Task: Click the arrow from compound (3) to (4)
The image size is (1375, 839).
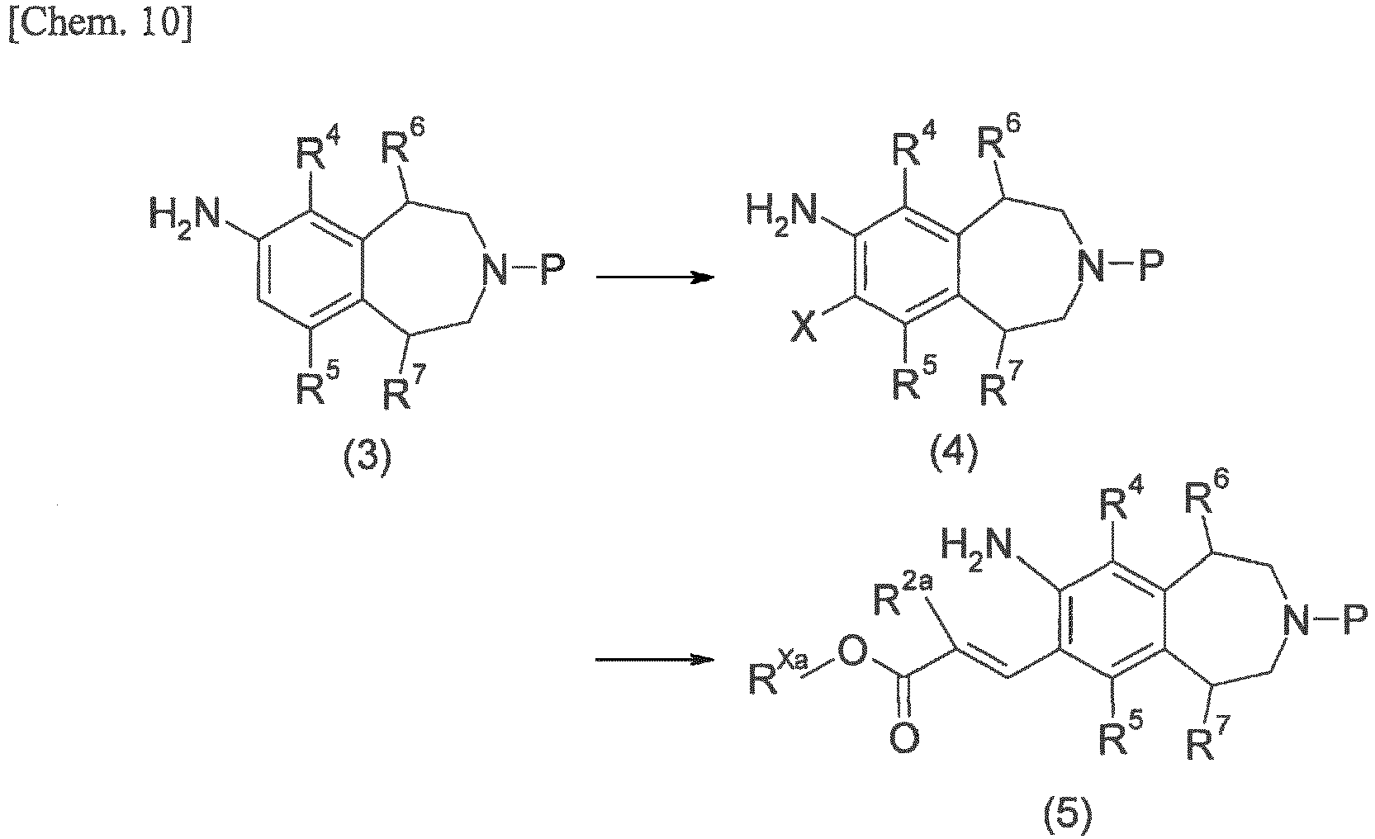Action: [x=655, y=277]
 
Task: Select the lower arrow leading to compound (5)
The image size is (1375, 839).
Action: [x=655, y=660]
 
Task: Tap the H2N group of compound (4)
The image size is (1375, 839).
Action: [x=782, y=214]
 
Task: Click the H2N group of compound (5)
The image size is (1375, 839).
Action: [x=977, y=549]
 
